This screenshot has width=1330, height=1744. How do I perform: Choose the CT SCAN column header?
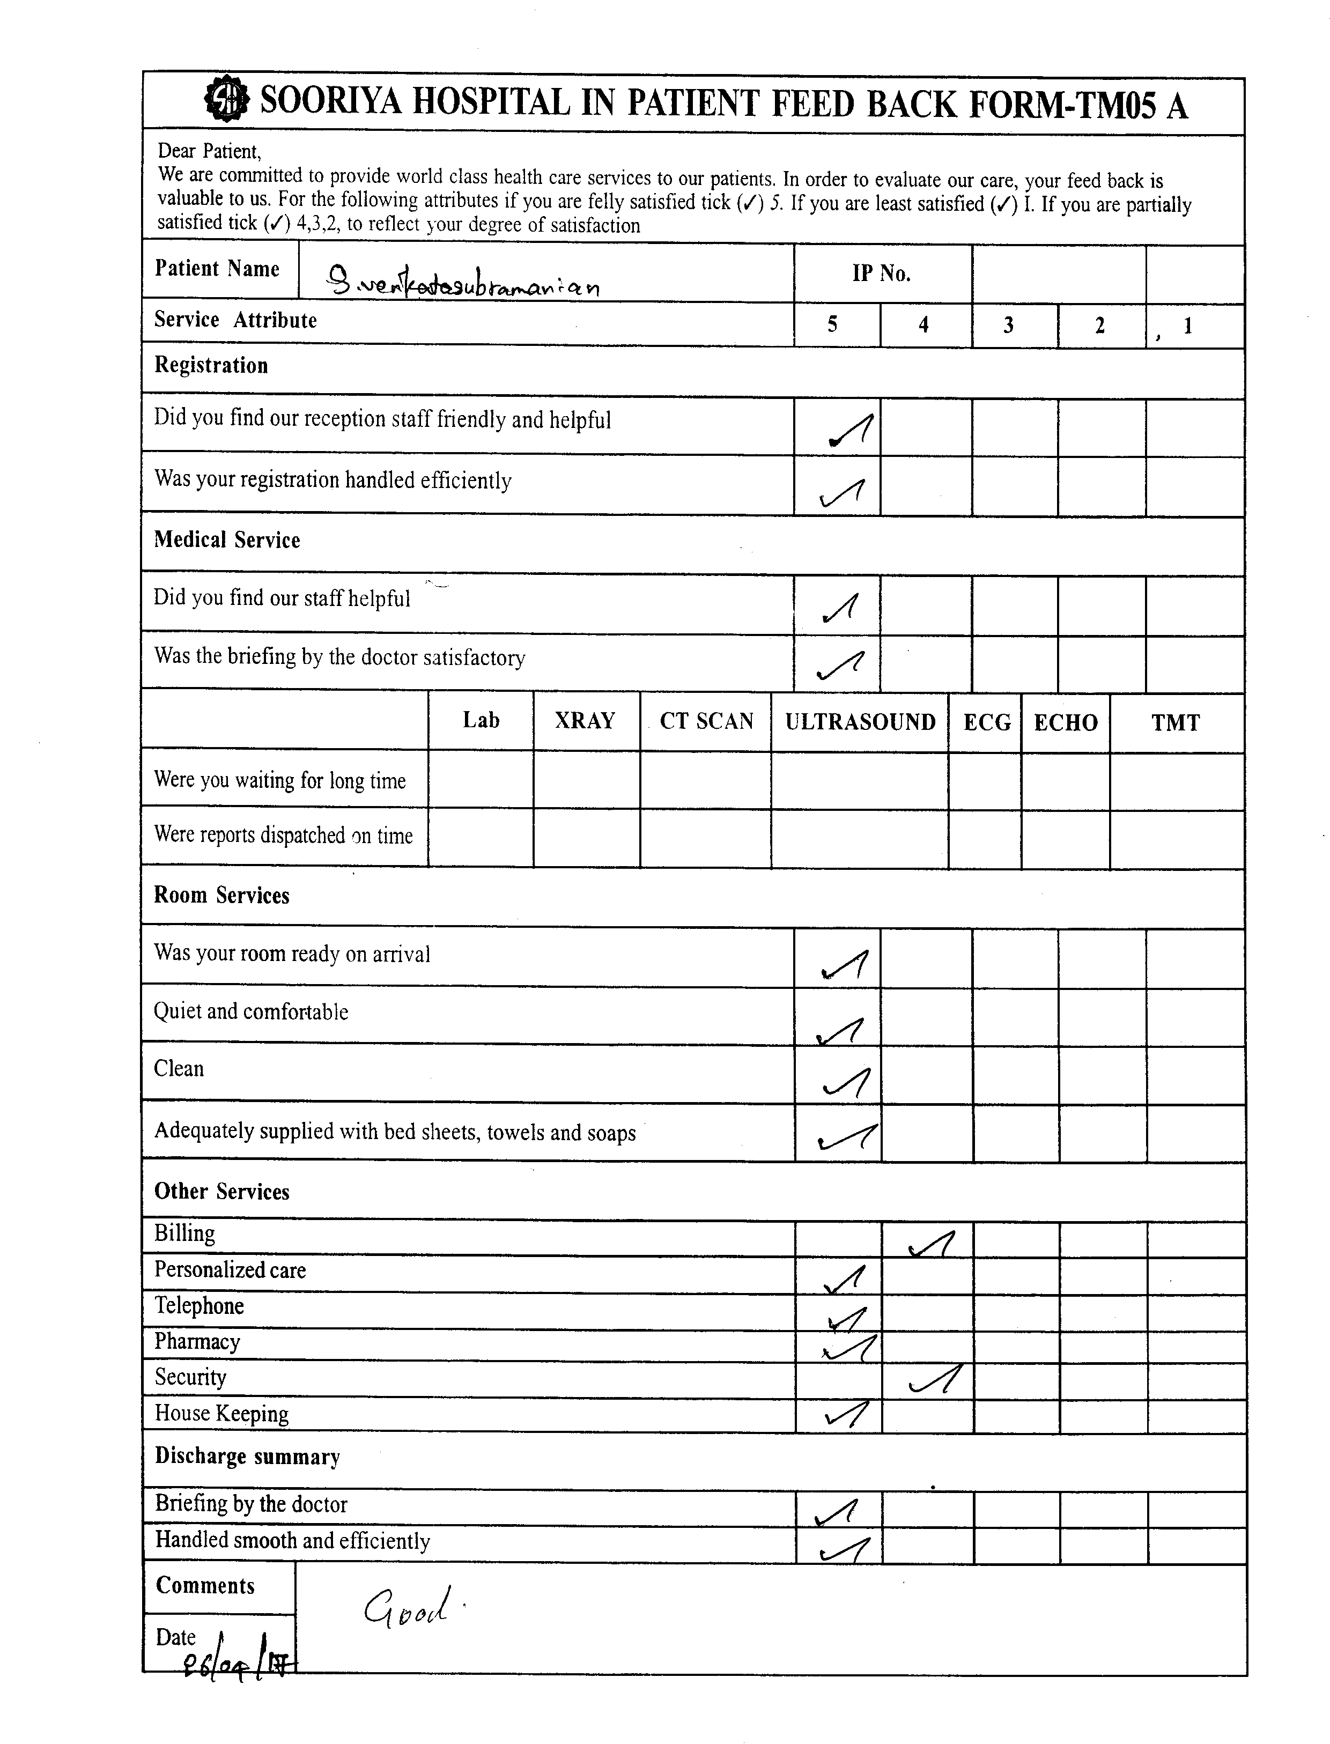coord(706,721)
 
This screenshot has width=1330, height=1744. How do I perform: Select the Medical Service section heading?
coord(227,540)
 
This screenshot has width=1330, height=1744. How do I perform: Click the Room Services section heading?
coord(221,896)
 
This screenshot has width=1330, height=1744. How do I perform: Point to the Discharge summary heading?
coord(247,1457)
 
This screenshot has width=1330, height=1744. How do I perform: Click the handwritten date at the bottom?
coord(233,1664)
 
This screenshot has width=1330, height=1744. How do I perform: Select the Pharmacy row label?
coord(197,1342)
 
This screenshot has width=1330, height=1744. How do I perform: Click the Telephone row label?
coord(199,1306)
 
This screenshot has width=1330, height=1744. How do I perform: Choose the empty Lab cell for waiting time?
coord(481,780)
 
